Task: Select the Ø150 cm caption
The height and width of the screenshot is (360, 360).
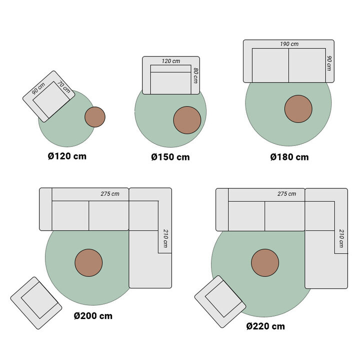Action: pyautogui.click(x=170, y=157)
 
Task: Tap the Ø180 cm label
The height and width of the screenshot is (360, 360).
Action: pyautogui.click(x=289, y=157)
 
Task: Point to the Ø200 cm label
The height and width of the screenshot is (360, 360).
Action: pyautogui.click(x=93, y=316)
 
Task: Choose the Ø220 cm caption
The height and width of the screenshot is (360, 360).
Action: pyautogui.click(x=265, y=326)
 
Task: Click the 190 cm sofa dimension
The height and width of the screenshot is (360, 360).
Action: pyautogui.click(x=289, y=44)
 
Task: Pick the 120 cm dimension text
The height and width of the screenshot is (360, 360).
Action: pyautogui.click(x=170, y=61)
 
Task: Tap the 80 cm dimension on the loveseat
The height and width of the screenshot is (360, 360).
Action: pyautogui.click(x=196, y=75)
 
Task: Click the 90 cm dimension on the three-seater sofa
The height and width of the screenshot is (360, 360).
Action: pyautogui.click(x=329, y=62)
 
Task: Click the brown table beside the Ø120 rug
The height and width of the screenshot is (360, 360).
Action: pyautogui.click(x=95, y=117)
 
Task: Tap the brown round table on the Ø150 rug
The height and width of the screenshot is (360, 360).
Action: pyautogui.click(x=187, y=120)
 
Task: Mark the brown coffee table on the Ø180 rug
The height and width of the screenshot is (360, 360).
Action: pyautogui.click(x=298, y=109)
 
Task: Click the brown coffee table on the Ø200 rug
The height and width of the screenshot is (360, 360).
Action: pyautogui.click(x=88, y=262)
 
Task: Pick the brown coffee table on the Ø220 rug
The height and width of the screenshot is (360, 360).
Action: pyautogui.click(x=265, y=263)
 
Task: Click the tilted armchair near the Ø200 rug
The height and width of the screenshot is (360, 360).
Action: pyautogui.click(x=36, y=303)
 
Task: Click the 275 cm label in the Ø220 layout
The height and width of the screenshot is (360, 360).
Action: pyautogui.click(x=286, y=193)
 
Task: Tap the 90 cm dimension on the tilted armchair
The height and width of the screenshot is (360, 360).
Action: pyautogui.click(x=37, y=89)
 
